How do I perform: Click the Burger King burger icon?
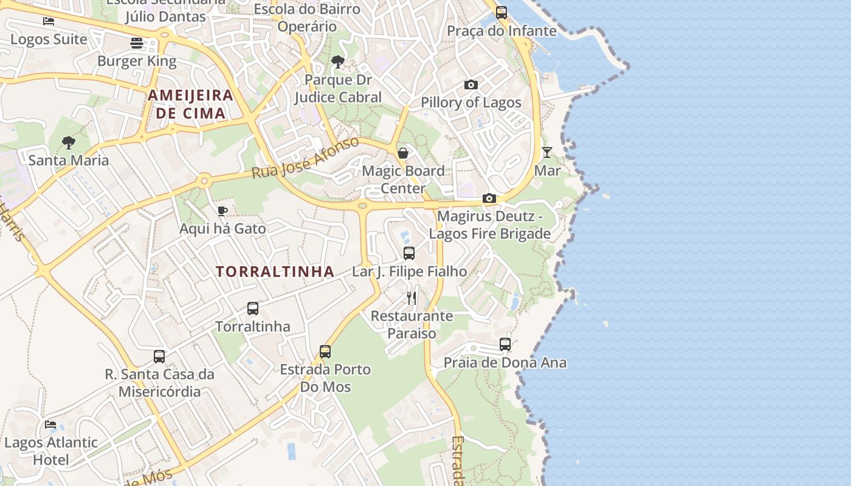(x=137, y=43)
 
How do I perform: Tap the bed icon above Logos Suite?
(x=49, y=21)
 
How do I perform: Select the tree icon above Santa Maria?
(x=69, y=143)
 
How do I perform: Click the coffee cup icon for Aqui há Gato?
(x=222, y=211)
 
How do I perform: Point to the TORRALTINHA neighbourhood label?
(x=275, y=272)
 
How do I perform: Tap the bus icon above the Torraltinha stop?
(x=253, y=309)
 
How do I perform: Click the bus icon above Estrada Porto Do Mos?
(x=325, y=351)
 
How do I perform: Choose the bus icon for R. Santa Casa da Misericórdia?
(x=159, y=356)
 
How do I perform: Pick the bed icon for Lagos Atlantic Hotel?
(x=50, y=424)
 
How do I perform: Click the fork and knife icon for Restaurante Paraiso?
(x=412, y=298)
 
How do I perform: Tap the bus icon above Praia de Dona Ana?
(x=505, y=344)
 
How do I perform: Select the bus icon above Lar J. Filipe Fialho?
(x=409, y=253)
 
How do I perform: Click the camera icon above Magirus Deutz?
(x=489, y=199)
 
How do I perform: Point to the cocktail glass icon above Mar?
(x=547, y=152)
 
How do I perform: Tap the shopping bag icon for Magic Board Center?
(x=403, y=153)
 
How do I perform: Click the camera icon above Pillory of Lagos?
(x=471, y=85)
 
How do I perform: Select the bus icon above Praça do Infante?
(x=501, y=13)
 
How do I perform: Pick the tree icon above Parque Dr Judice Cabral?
(x=338, y=62)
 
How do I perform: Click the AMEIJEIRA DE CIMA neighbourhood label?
(x=191, y=104)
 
